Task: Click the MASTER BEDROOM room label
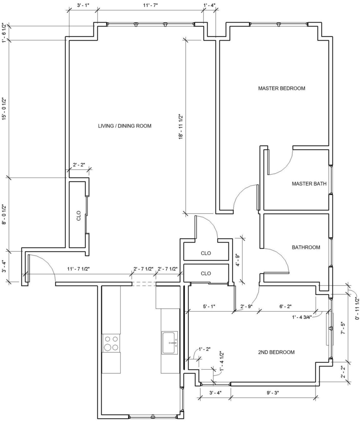tap(282, 88)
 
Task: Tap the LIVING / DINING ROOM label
tap(125, 126)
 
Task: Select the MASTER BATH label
tap(309, 183)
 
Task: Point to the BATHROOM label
tap(306, 247)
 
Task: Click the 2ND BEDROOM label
tap(276, 352)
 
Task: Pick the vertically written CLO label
tap(79, 216)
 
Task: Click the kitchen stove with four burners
tap(111, 342)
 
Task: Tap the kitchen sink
tap(169, 342)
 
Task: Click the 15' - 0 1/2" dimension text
tap(5, 109)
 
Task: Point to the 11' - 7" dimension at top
tap(150, 5)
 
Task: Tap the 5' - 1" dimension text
tap(209, 306)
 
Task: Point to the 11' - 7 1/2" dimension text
tap(78, 269)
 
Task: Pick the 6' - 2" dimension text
tap(286, 306)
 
